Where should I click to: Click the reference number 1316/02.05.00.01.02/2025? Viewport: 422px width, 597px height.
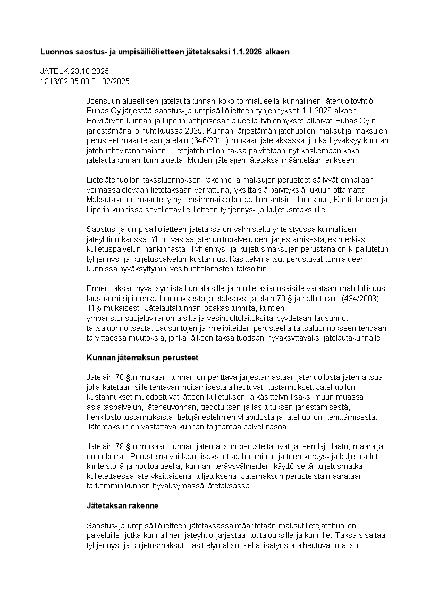click(85, 81)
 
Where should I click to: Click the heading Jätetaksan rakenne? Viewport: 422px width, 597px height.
click(122, 505)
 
